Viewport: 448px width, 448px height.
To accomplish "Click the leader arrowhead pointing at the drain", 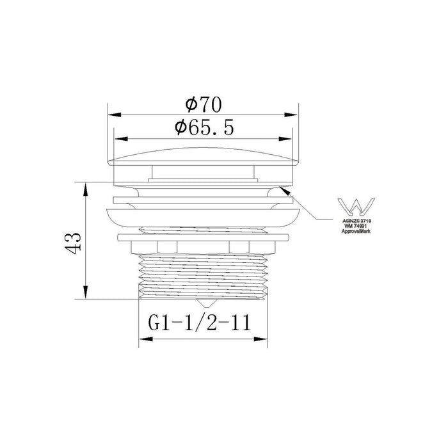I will [282, 188].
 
